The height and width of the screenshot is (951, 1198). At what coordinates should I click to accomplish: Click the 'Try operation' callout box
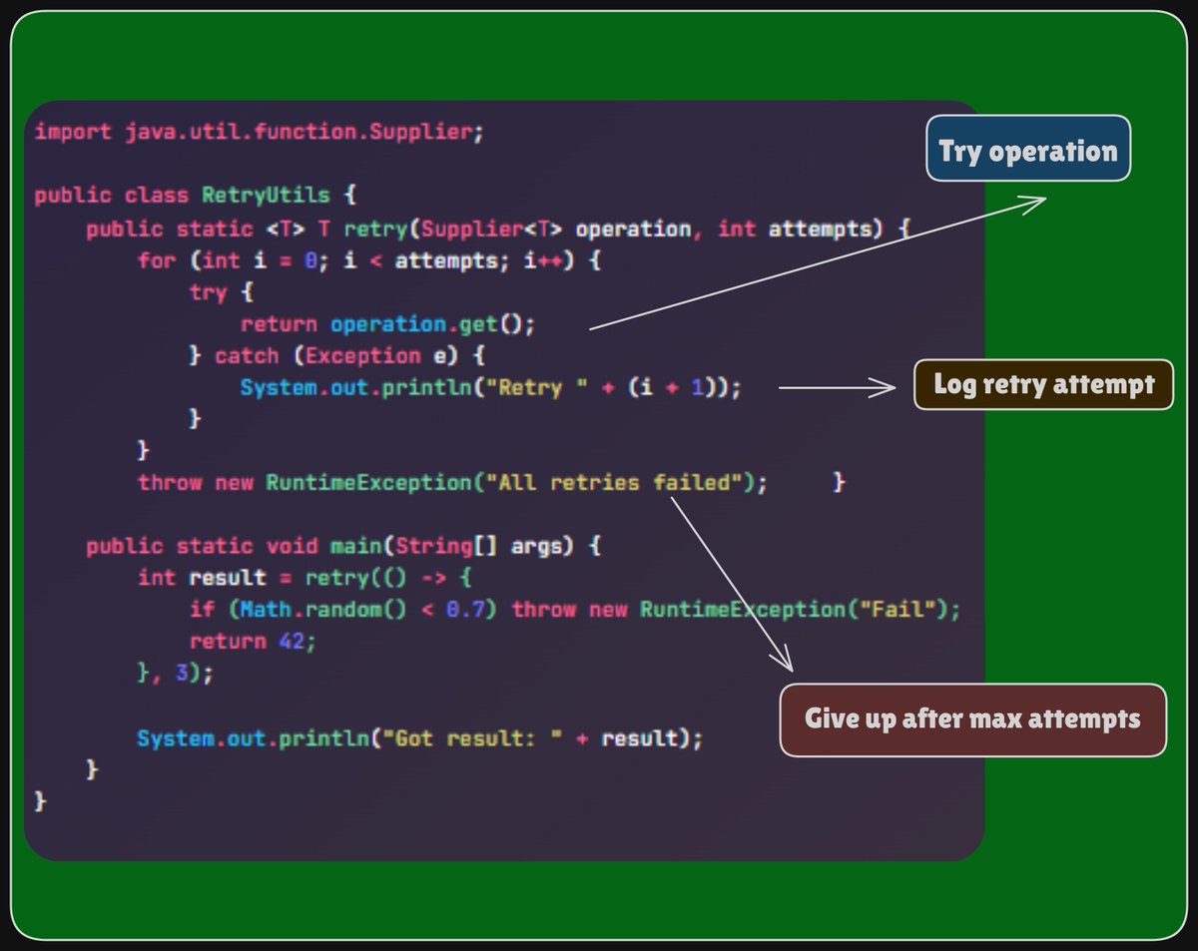coord(1027,150)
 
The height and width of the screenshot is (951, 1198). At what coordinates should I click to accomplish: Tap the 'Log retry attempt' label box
coord(1043,384)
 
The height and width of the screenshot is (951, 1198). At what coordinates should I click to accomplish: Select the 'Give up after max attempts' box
coord(972,719)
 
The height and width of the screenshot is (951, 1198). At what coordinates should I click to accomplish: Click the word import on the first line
coord(73,133)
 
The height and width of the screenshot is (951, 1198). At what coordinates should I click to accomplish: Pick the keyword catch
coord(248,356)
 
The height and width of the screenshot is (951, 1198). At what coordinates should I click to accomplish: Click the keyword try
coord(208,293)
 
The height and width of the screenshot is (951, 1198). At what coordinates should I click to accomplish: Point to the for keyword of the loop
coord(157,261)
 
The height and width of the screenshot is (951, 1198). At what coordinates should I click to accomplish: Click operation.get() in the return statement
coord(433,324)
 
